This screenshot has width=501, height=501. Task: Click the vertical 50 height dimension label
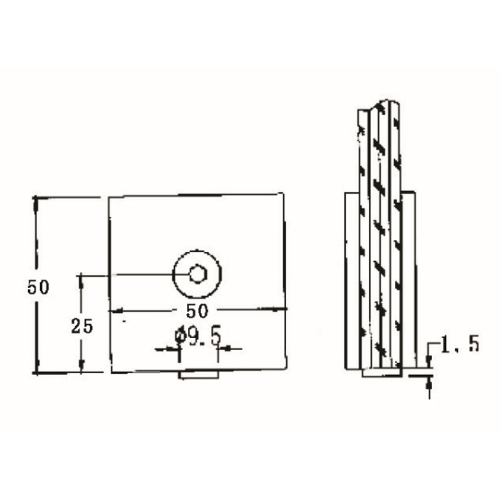pyautogui.click(x=38, y=287)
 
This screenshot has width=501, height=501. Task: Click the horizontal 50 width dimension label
pyautogui.click(x=197, y=311)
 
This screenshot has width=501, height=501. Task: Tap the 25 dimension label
pyautogui.click(x=82, y=326)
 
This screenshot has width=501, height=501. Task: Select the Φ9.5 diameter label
pyautogui.click(x=198, y=336)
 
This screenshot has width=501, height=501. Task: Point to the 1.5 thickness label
pyautogui.click(x=460, y=344)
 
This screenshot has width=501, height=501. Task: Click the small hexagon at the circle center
pyautogui.click(x=198, y=274)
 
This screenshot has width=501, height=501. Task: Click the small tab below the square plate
pyautogui.click(x=199, y=374)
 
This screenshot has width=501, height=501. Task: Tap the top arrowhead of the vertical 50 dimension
pyautogui.click(x=36, y=205)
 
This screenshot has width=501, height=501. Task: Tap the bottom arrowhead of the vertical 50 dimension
pyautogui.click(x=37, y=366)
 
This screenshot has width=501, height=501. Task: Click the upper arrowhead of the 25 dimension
pyautogui.click(x=81, y=281)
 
